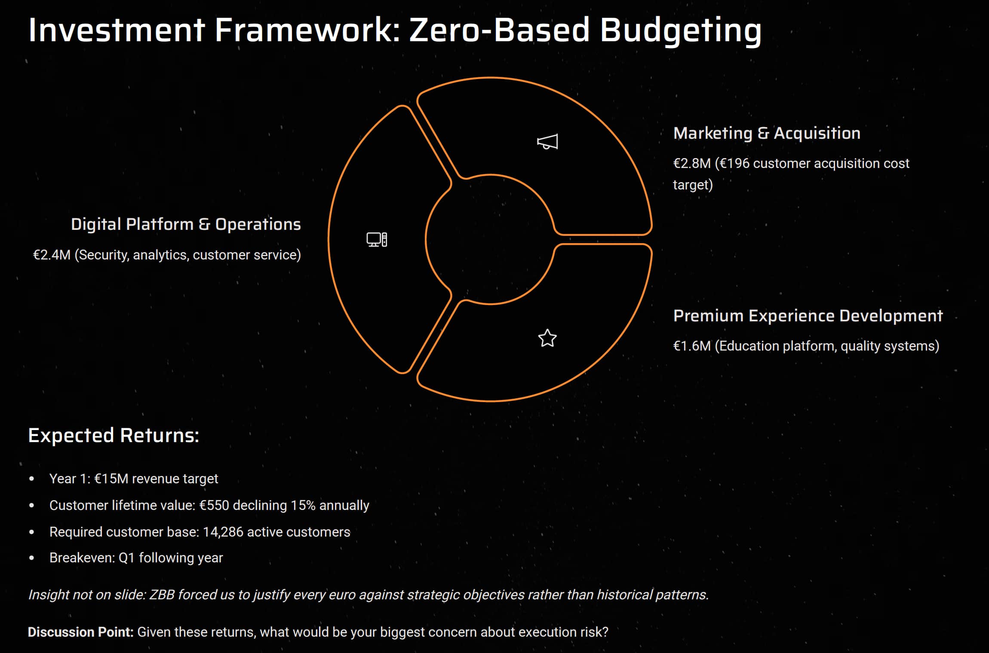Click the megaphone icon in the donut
pos(547,141)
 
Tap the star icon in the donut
pos(547,338)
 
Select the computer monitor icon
pos(377,239)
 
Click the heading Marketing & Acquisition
pos(767,133)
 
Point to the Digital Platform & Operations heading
pos(186,224)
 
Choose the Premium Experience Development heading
pos(808,316)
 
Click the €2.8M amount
pos(692,163)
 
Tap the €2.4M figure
pos(52,255)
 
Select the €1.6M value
pos(692,346)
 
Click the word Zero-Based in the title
pos(499,30)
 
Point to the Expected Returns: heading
pos(114,435)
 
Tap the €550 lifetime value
pos(214,505)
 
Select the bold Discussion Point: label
pos(81,632)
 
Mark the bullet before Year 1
pos(31,479)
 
